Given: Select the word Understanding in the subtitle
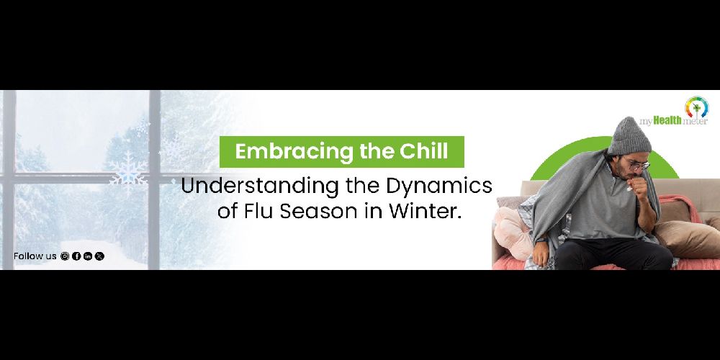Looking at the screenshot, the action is pyautogui.click(x=258, y=186).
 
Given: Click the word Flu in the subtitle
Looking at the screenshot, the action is pyautogui.click(x=260, y=211).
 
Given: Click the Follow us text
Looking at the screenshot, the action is pyautogui.click(x=35, y=256).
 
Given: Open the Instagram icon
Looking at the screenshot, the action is pyautogui.click(x=65, y=256).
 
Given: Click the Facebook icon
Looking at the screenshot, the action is pyautogui.click(x=76, y=256).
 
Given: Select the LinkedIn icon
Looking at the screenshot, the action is pyautogui.click(x=88, y=256).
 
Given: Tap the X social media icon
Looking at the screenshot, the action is pyautogui.click(x=99, y=256).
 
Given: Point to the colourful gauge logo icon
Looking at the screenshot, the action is pyautogui.click(x=696, y=107).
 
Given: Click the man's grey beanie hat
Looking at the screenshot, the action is pyautogui.click(x=629, y=136).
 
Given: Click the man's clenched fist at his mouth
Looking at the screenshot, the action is pyautogui.click(x=639, y=186).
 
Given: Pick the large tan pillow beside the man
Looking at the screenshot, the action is pyautogui.click(x=688, y=239).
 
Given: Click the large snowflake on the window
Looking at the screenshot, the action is pyautogui.click(x=128, y=168).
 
